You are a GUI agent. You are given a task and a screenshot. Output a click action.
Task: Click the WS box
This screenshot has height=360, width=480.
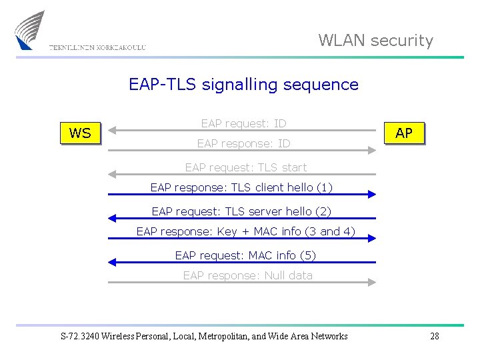click(80, 133)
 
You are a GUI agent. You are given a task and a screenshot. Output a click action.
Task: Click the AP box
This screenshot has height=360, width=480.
click(403, 133)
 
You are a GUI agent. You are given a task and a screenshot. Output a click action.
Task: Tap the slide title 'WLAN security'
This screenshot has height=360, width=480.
click(375, 41)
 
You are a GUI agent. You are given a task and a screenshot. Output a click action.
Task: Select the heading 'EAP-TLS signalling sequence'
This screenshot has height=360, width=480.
click(243, 85)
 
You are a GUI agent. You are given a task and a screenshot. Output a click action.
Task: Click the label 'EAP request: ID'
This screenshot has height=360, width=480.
click(243, 123)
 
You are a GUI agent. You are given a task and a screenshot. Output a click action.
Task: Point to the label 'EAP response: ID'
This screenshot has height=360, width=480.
click(243, 143)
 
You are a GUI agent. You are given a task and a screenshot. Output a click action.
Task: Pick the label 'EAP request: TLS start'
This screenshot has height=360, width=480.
click(245, 167)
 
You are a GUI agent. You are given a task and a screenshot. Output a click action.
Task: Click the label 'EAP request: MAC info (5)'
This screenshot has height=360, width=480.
click(245, 255)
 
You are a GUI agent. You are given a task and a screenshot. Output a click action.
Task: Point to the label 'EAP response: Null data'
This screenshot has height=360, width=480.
click(247, 275)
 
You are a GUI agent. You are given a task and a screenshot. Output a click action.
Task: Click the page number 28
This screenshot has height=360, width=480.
click(434, 336)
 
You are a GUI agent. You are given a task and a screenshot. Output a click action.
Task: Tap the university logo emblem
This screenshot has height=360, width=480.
click(29, 29)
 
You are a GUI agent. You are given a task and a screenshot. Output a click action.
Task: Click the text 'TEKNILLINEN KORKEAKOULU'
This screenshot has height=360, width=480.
click(97, 47)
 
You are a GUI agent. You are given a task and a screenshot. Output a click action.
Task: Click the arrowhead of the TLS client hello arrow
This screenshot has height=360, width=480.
click(372, 195)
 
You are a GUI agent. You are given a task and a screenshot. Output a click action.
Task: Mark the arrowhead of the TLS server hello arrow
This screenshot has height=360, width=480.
click(112, 218)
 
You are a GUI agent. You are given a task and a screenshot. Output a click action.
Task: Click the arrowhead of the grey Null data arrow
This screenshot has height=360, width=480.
click(372, 282)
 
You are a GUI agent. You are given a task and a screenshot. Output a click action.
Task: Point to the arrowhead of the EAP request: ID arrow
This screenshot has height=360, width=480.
click(112, 129)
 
